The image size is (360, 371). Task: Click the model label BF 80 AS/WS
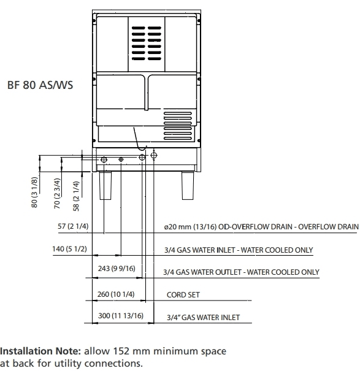click(40, 85)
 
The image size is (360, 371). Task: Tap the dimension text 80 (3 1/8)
click(34, 193)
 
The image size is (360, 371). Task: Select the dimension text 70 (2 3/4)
click(57, 193)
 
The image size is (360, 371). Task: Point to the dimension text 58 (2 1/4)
click(76, 196)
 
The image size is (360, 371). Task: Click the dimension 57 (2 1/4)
click(73, 226)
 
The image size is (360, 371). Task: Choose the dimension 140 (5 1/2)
click(69, 249)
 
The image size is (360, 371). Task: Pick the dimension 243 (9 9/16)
click(117, 269)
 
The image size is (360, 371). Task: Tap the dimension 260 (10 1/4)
click(116, 294)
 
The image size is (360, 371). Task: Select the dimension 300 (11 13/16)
click(121, 316)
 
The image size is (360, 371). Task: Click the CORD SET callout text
click(183, 295)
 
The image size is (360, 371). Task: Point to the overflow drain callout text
click(261, 227)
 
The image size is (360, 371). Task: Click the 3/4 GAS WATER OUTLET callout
click(241, 272)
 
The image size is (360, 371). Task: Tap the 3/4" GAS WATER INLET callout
click(204, 317)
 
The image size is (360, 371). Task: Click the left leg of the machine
click(105, 186)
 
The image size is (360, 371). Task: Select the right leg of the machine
click(188, 186)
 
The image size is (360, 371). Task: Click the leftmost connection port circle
click(104, 159)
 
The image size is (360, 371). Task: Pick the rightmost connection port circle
click(154, 155)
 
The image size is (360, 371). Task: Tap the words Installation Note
click(40, 351)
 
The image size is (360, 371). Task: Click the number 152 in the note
click(121, 351)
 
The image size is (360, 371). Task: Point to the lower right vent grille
click(177, 126)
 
